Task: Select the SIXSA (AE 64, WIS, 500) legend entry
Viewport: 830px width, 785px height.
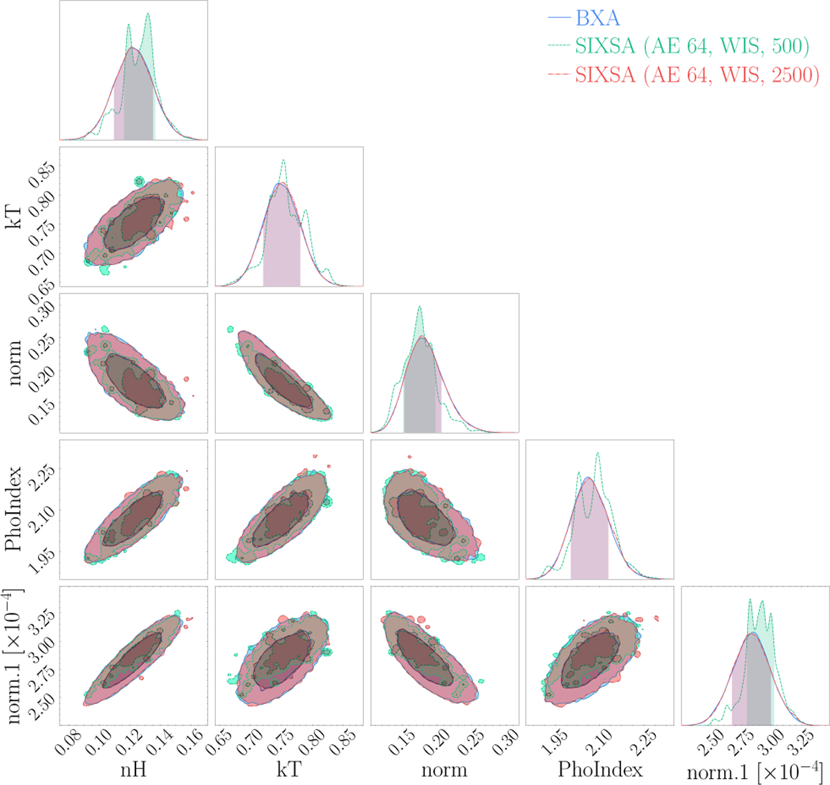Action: coord(692,46)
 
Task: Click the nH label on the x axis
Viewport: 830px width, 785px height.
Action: coord(133,769)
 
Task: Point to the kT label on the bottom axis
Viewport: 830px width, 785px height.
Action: coord(288,769)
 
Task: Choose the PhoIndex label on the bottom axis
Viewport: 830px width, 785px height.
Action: coord(600,769)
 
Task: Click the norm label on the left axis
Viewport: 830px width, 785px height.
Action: coord(14,355)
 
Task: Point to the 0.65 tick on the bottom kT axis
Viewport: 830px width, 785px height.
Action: coord(220,743)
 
